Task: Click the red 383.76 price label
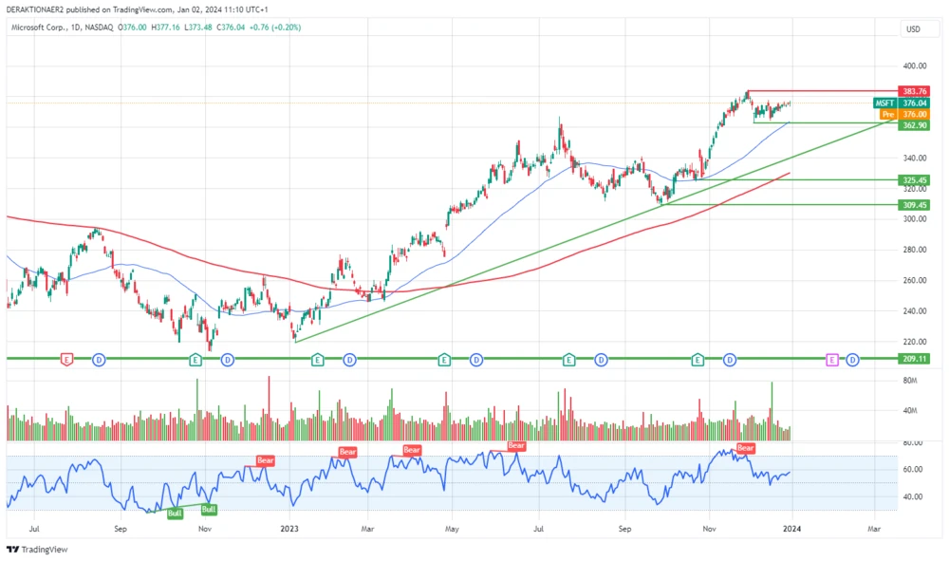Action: pyautogui.click(x=916, y=91)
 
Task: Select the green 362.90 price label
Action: pyautogui.click(x=916, y=124)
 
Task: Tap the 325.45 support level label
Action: pyautogui.click(x=916, y=179)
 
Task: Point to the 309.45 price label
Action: pyautogui.click(x=916, y=204)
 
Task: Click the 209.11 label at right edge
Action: pyautogui.click(x=916, y=359)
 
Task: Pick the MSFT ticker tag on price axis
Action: pyautogui.click(x=884, y=103)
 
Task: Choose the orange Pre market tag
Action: pyautogui.click(x=887, y=114)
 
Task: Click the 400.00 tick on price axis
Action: pyautogui.click(x=915, y=66)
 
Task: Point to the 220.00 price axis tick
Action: pyautogui.click(x=915, y=342)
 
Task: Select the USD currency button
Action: pyautogui.click(x=914, y=28)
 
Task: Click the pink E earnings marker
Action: pyautogui.click(x=832, y=360)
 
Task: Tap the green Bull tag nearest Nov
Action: pyautogui.click(x=209, y=509)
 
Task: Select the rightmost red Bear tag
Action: pyautogui.click(x=746, y=448)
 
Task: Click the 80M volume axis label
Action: pyautogui.click(x=910, y=381)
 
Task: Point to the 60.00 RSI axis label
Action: pyautogui.click(x=913, y=469)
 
